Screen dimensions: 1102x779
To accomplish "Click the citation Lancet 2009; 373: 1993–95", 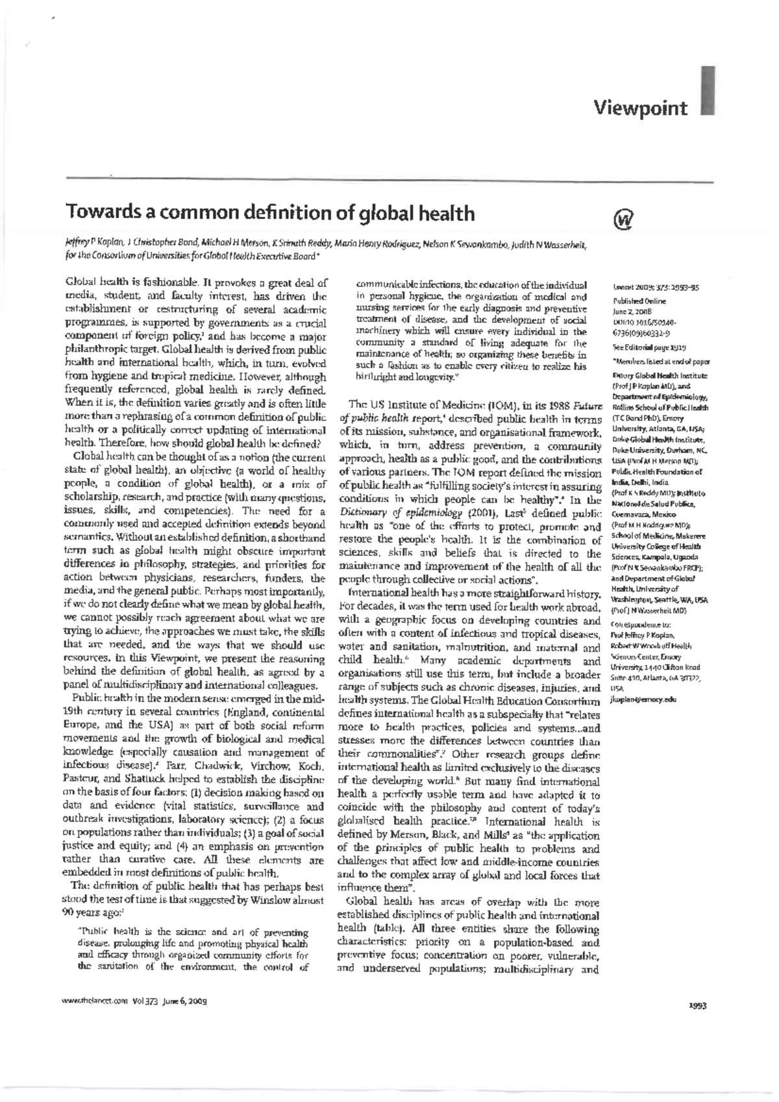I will coord(651,286).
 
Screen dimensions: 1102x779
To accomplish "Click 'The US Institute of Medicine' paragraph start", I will coord(415,404).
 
